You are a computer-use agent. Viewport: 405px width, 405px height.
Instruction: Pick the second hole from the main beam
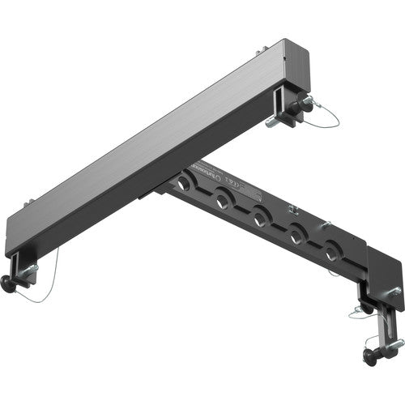[x=223, y=199]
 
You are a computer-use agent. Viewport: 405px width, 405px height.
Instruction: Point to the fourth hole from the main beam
[x=297, y=236]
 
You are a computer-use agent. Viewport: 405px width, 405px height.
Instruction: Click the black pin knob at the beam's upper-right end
[x=308, y=102]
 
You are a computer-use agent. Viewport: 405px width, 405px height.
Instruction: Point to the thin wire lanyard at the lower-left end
[x=45, y=283]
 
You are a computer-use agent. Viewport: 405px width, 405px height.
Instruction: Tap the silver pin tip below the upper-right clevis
[x=270, y=123]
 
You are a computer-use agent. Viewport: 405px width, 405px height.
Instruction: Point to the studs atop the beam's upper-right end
[x=262, y=50]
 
